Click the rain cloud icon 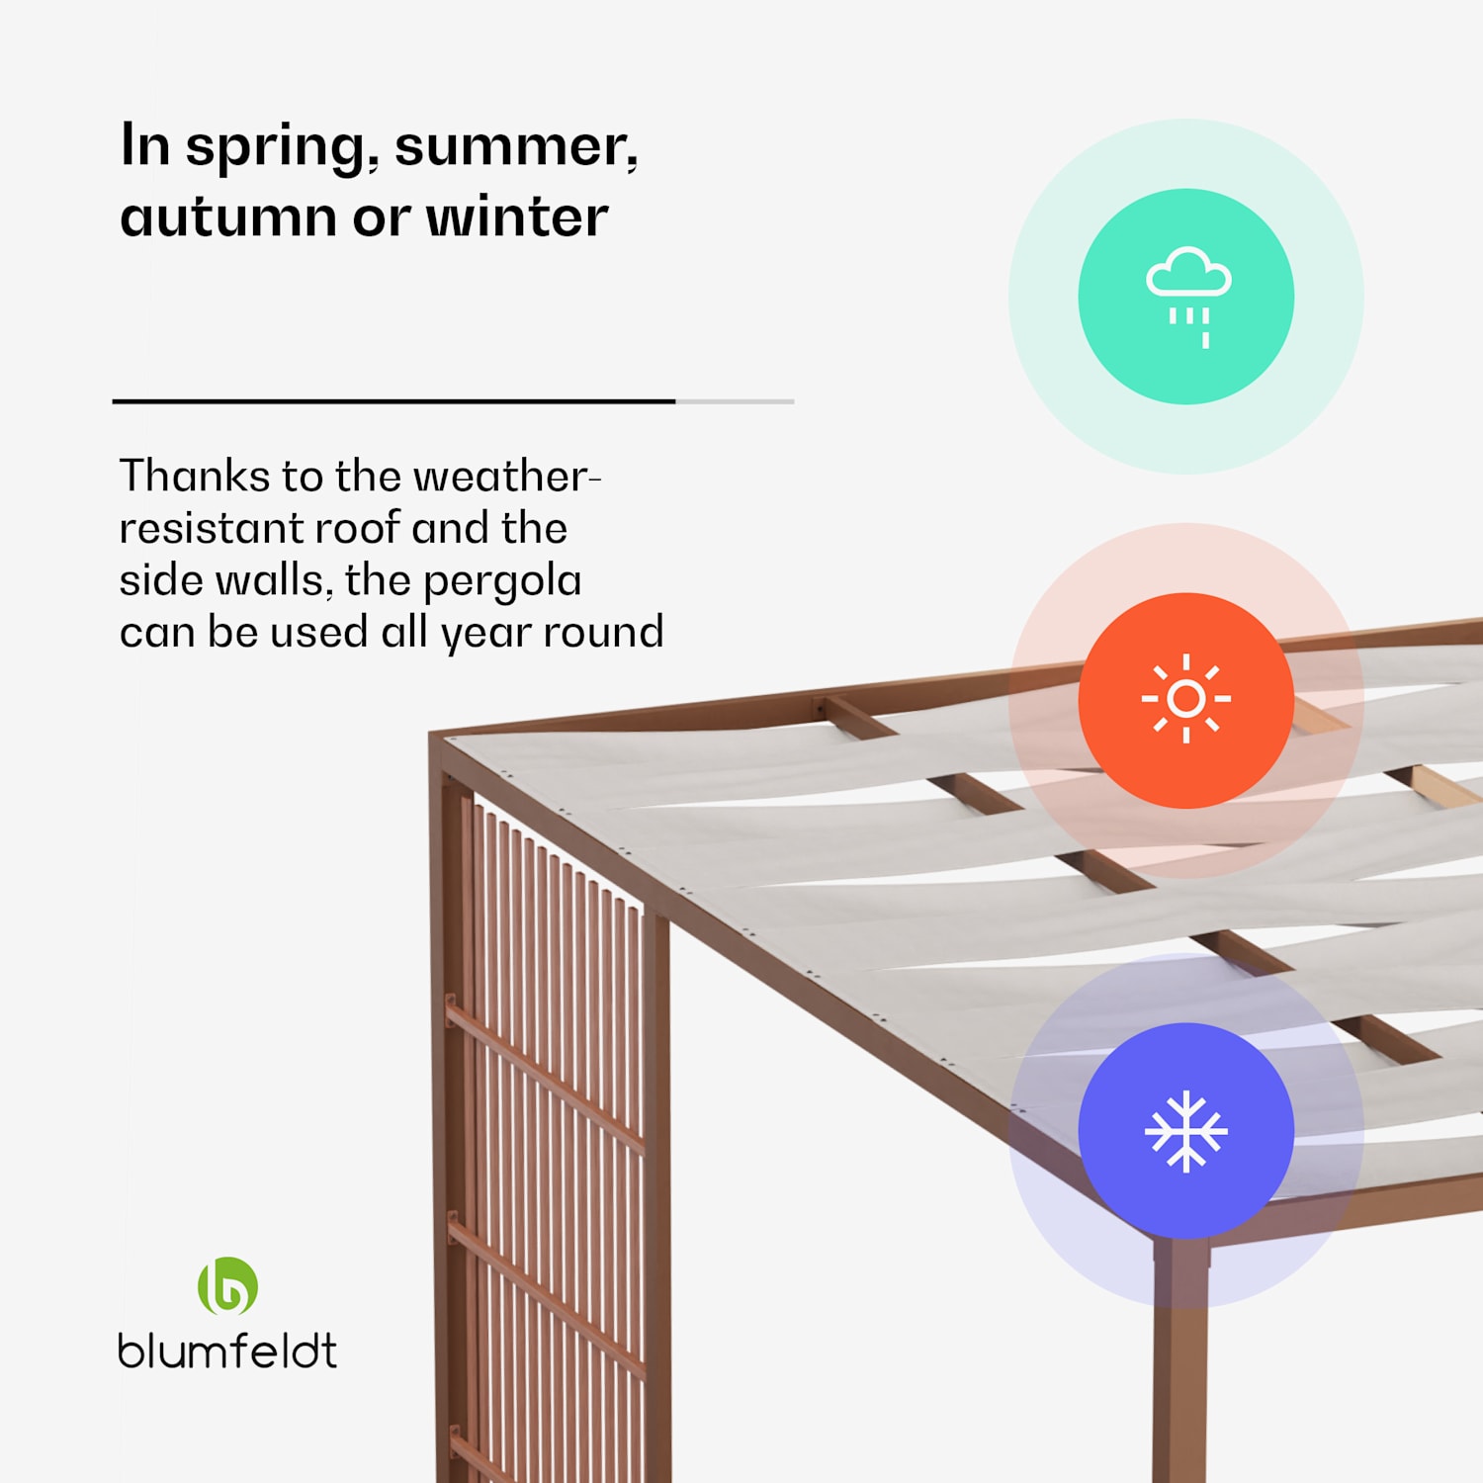[1187, 294]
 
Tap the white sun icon [1185, 699]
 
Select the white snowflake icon [1185, 1131]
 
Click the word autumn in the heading [227, 218]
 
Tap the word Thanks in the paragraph [194, 477]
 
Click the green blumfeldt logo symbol [227, 1286]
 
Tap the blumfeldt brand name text [227, 1352]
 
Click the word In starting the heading [144, 145]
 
